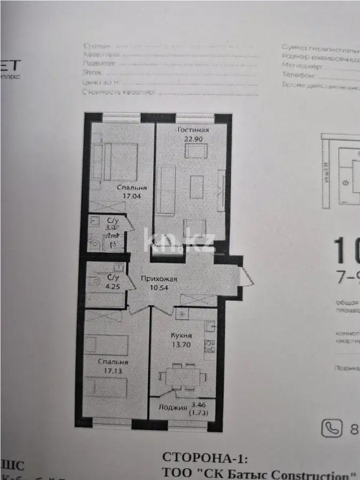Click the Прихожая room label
[158, 278]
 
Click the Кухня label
[181, 335]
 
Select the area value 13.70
[181, 345]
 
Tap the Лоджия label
[173, 409]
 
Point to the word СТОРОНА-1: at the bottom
[205, 458]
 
